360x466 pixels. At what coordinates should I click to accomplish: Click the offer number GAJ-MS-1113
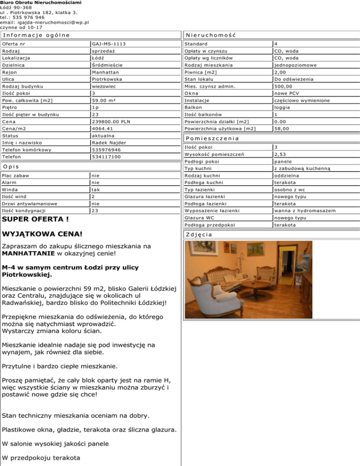[109, 44]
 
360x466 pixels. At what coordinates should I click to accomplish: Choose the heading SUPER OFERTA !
[36, 219]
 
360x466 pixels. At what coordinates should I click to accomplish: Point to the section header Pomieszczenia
[212, 139]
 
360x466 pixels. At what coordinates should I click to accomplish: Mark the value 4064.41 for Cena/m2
[103, 128]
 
